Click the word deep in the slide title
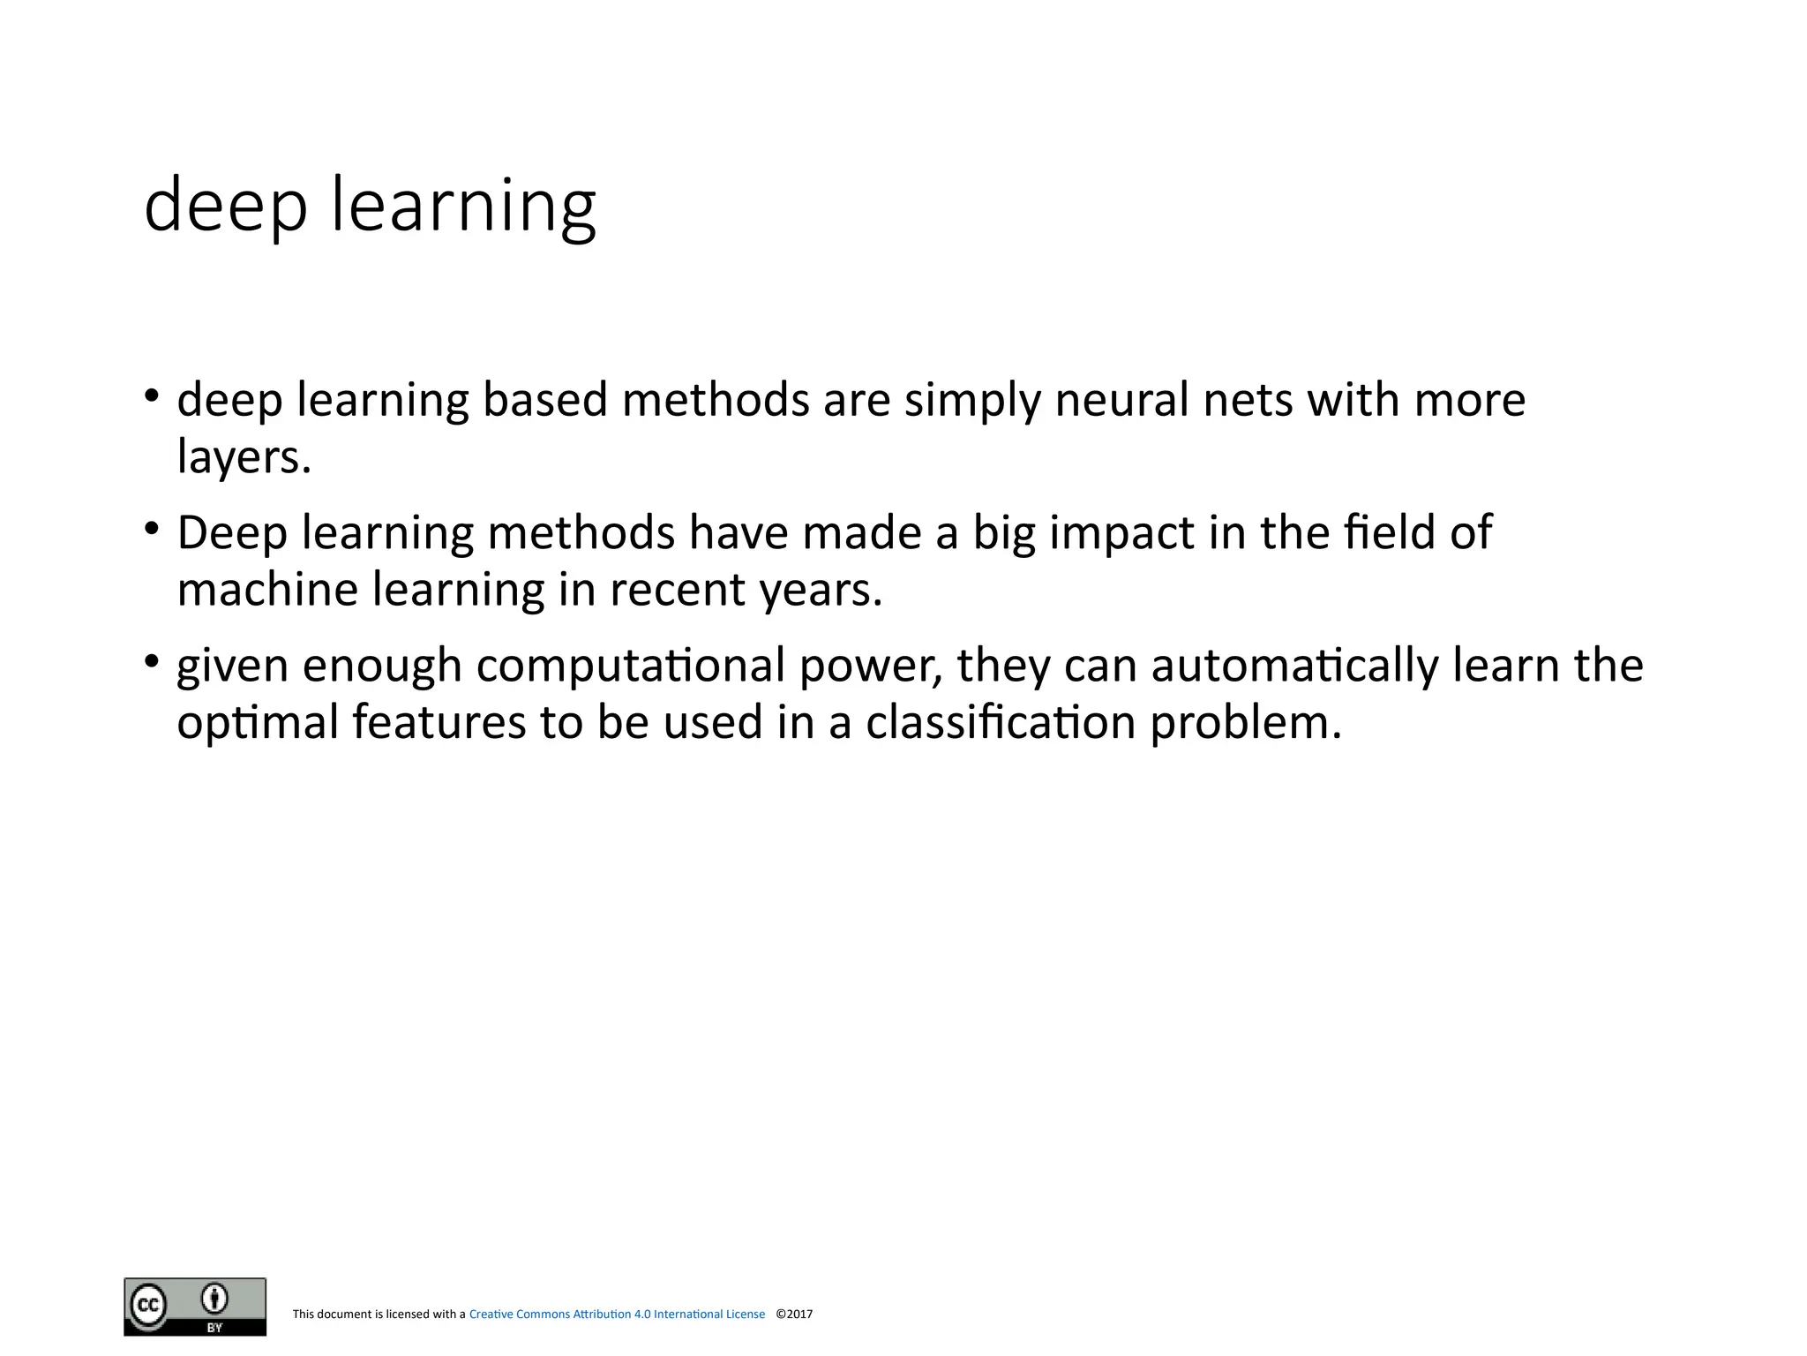point(226,206)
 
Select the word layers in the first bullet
point(244,457)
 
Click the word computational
point(631,665)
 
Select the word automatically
point(1295,665)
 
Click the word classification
point(1001,722)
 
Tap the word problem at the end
point(1245,722)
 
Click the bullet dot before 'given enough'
point(153,660)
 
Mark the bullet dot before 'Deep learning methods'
point(153,528)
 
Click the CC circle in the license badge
point(148,1305)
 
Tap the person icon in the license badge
point(214,1299)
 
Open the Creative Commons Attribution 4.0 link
point(617,1315)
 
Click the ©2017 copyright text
point(794,1315)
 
